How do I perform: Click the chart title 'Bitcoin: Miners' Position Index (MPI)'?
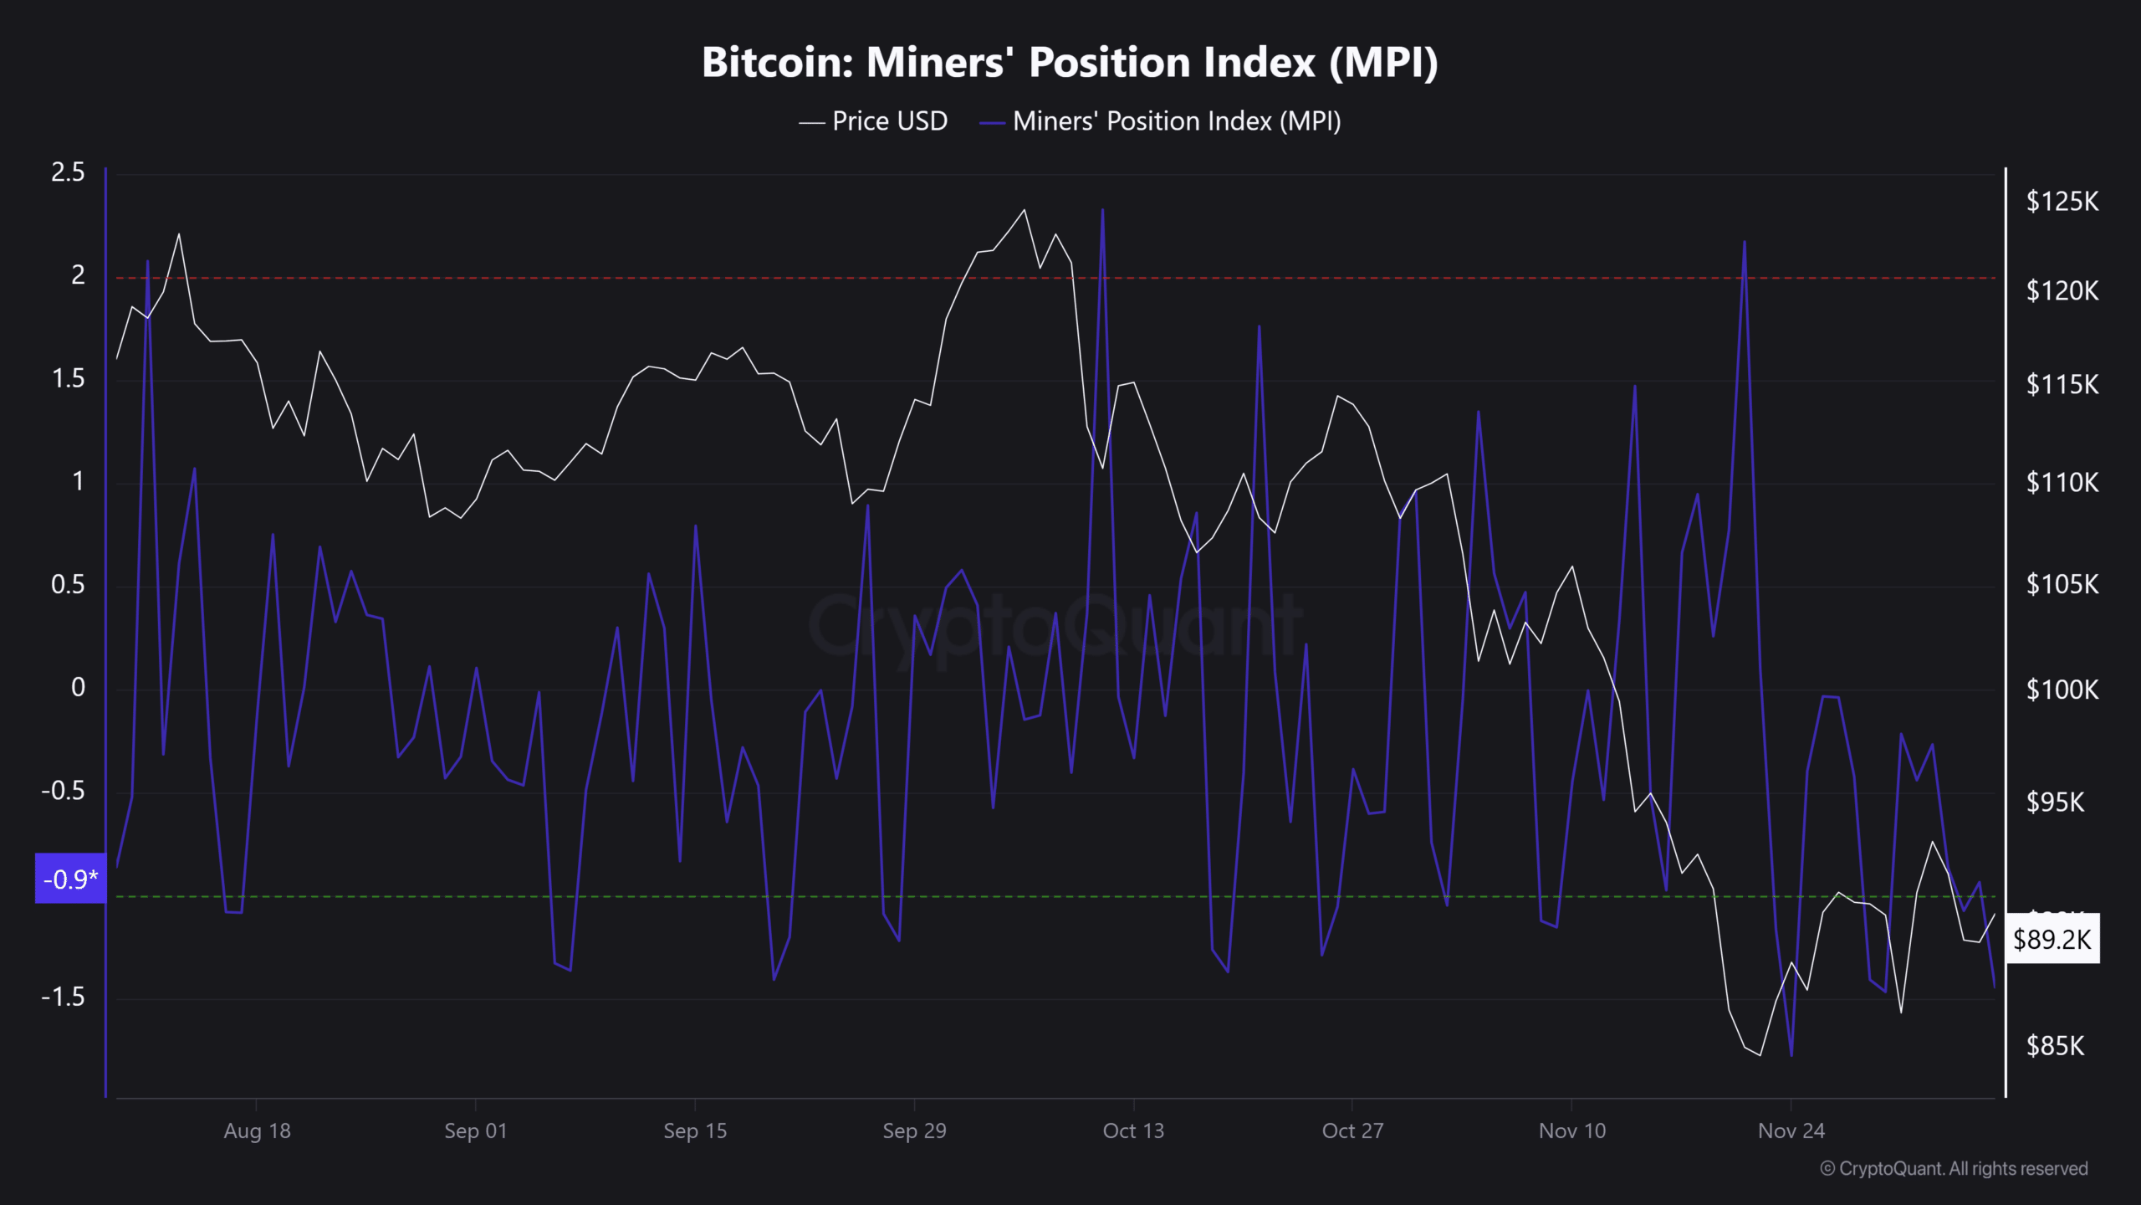coord(1070,63)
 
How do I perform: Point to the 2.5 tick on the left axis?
coord(68,172)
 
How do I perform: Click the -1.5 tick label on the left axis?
coord(64,997)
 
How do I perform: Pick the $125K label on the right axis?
coord(2062,202)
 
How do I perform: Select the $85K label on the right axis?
coord(2055,1046)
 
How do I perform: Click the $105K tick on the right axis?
coord(2062,584)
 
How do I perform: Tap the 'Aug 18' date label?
coord(257,1131)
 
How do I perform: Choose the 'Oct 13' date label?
coord(1133,1131)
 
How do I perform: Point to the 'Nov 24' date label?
coord(1791,1131)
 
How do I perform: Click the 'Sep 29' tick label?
coord(914,1131)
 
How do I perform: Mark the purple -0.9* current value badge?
coord(70,879)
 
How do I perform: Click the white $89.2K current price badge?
coord(2052,939)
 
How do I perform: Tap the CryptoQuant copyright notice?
coord(1954,1168)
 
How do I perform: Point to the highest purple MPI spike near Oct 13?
coord(1102,210)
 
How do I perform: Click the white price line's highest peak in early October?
coord(1025,210)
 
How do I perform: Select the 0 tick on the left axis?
coord(78,688)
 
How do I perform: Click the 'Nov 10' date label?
coord(1571,1131)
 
